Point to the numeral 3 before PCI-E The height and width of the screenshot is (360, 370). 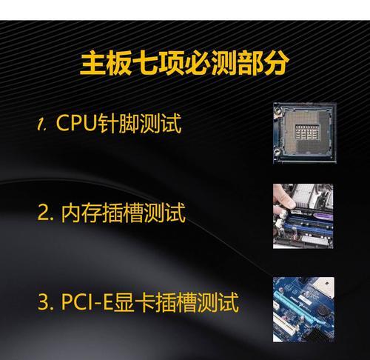[x=43, y=303]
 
